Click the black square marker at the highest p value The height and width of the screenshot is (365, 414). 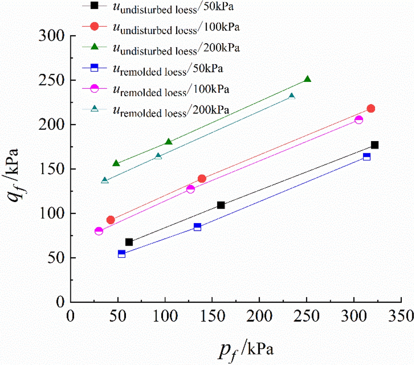[x=374, y=145]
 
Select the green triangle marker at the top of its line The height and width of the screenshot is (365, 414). [x=307, y=79]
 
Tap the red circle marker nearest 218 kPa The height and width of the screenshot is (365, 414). [x=371, y=108]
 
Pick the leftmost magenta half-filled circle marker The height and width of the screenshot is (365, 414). [x=99, y=231]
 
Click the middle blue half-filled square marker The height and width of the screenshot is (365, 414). [x=197, y=227]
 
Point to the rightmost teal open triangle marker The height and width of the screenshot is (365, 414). [x=292, y=96]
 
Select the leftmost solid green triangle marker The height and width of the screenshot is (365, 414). [x=116, y=163]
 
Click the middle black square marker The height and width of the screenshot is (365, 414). [x=221, y=205]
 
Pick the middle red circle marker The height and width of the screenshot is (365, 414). [x=202, y=179]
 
